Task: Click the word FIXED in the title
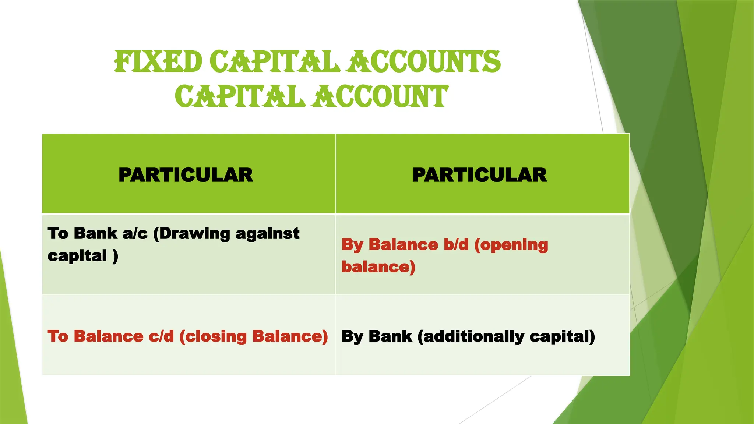pyautogui.click(x=158, y=62)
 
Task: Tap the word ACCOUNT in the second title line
pyautogui.click(x=381, y=97)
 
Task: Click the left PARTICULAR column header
pyautogui.click(x=186, y=175)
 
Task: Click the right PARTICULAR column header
pyautogui.click(x=479, y=175)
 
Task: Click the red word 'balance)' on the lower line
pyautogui.click(x=378, y=267)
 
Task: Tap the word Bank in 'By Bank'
pyautogui.click(x=390, y=337)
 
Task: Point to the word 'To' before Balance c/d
pyautogui.click(x=58, y=337)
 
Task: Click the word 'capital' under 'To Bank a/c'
pyautogui.click(x=77, y=256)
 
